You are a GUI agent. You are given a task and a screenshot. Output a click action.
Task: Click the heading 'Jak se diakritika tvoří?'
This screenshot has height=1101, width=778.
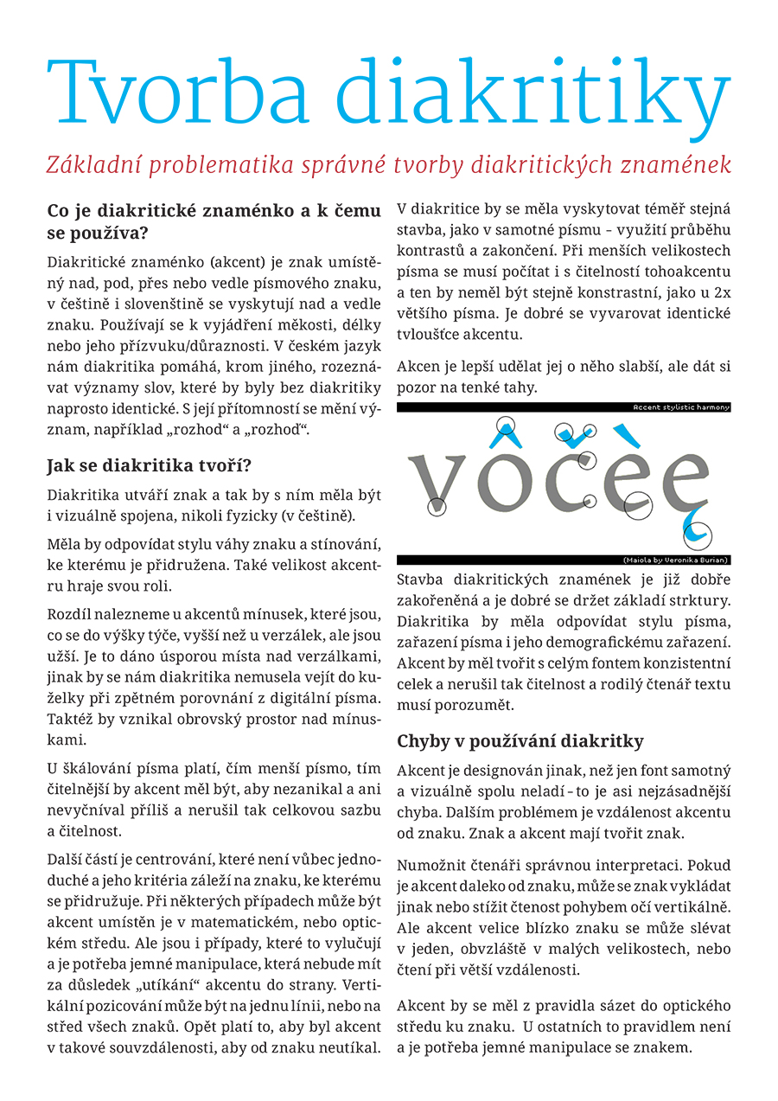(x=149, y=467)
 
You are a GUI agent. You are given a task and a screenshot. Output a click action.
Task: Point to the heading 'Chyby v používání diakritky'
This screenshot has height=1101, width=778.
(x=520, y=741)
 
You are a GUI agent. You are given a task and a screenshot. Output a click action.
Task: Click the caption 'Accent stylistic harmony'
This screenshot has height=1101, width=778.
(x=681, y=406)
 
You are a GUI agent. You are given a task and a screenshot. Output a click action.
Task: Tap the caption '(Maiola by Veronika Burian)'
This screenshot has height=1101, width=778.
(x=676, y=560)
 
